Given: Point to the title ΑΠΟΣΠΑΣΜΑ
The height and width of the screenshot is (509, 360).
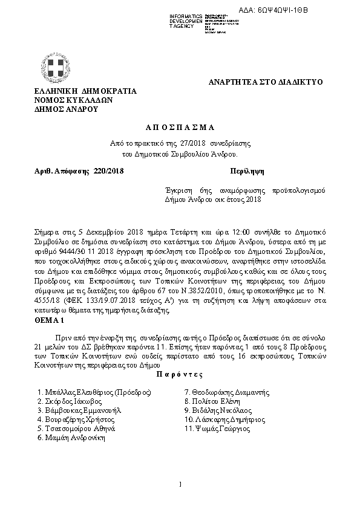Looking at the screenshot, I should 180,127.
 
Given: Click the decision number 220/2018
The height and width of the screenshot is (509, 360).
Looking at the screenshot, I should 108,172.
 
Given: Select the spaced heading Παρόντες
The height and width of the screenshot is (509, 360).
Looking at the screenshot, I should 179,374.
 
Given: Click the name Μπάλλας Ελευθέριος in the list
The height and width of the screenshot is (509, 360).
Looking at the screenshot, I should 94,392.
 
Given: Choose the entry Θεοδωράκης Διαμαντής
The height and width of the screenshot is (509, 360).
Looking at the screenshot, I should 227,392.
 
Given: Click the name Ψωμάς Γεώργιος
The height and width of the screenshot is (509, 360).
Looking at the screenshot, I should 217,427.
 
